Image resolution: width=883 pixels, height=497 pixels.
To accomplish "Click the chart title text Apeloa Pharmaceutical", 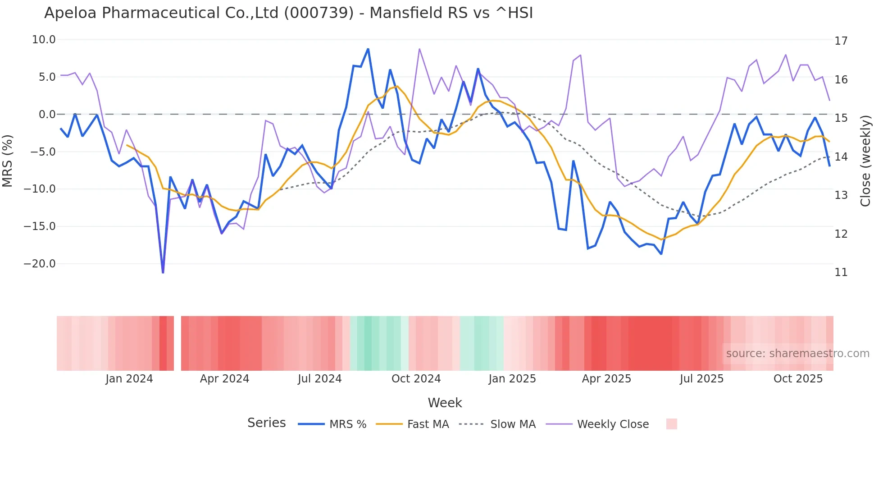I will point(288,13).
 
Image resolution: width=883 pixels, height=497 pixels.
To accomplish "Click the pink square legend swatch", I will point(671,424).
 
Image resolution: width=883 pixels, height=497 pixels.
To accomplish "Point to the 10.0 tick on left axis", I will point(44,40).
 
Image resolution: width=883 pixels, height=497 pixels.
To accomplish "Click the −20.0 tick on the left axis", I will point(40,264).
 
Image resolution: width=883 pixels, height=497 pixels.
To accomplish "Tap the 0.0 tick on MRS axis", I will point(47,115).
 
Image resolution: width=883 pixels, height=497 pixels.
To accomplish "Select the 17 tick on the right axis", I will point(841,41).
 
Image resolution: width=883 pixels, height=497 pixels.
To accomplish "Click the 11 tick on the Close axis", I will point(841,272).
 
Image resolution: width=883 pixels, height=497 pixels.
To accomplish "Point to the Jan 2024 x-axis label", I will point(129,379).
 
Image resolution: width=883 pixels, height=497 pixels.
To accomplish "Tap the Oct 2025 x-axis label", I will point(798,379).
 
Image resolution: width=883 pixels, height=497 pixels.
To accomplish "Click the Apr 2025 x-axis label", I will point(606,379).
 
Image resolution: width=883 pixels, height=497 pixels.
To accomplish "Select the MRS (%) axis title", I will point(8,161).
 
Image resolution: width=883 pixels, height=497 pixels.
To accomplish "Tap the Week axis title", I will point(445,403).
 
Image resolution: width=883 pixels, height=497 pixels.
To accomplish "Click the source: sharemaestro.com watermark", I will point(797,354).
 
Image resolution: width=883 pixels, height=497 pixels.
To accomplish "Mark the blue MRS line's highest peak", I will point(368,49).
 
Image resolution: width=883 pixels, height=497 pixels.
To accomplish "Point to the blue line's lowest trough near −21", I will point(163,272).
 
